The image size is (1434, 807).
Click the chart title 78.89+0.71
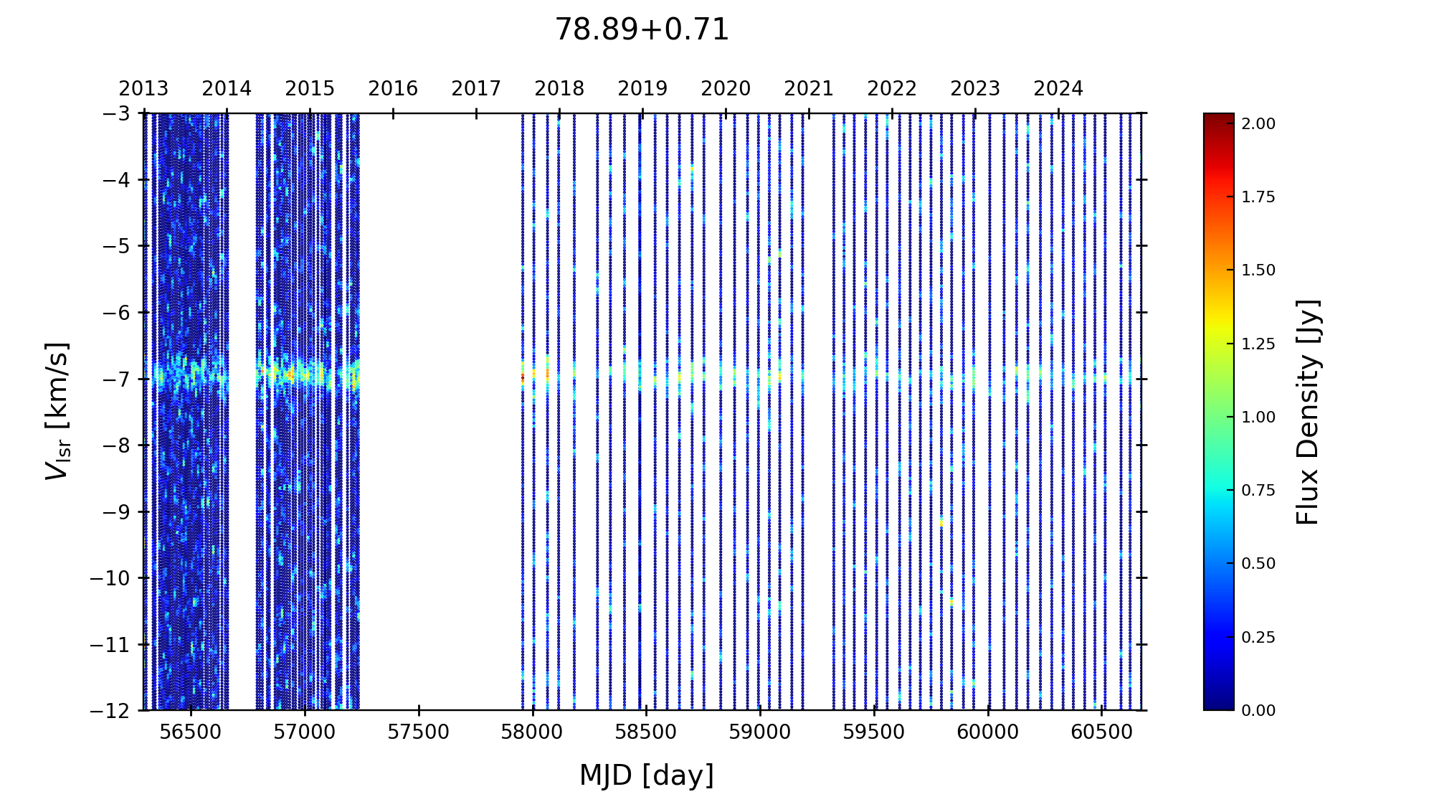pos(642,30)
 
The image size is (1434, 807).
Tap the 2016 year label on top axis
pos(393,89)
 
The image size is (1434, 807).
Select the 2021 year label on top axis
pos(809,89)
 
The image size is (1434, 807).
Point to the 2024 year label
pos(1058,89)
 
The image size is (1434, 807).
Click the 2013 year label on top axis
pos(143,89)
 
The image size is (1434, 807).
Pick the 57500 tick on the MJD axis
pos(418,732)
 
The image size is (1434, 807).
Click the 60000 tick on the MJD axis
pos(988,732)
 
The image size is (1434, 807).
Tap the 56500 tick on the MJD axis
pos(191,732)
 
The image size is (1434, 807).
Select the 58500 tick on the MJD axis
pos(646,732)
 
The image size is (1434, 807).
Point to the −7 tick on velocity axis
pos(115,379)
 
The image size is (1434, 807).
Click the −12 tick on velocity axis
pos(110,711)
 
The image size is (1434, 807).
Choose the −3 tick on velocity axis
pos(115,113)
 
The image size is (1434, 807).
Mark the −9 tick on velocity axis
pos(115,511)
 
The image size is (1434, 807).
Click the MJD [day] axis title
pos(646,775)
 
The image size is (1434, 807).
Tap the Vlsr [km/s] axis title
pos(57,411)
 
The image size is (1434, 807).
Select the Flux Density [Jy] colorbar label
pos(1308,412)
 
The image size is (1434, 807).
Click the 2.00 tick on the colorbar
pos(1258,124)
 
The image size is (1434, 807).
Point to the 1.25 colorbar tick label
pos(1258,344)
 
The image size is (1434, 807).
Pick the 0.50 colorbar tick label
pos(1258,564)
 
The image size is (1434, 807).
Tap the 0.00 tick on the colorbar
pos(1258,711)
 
